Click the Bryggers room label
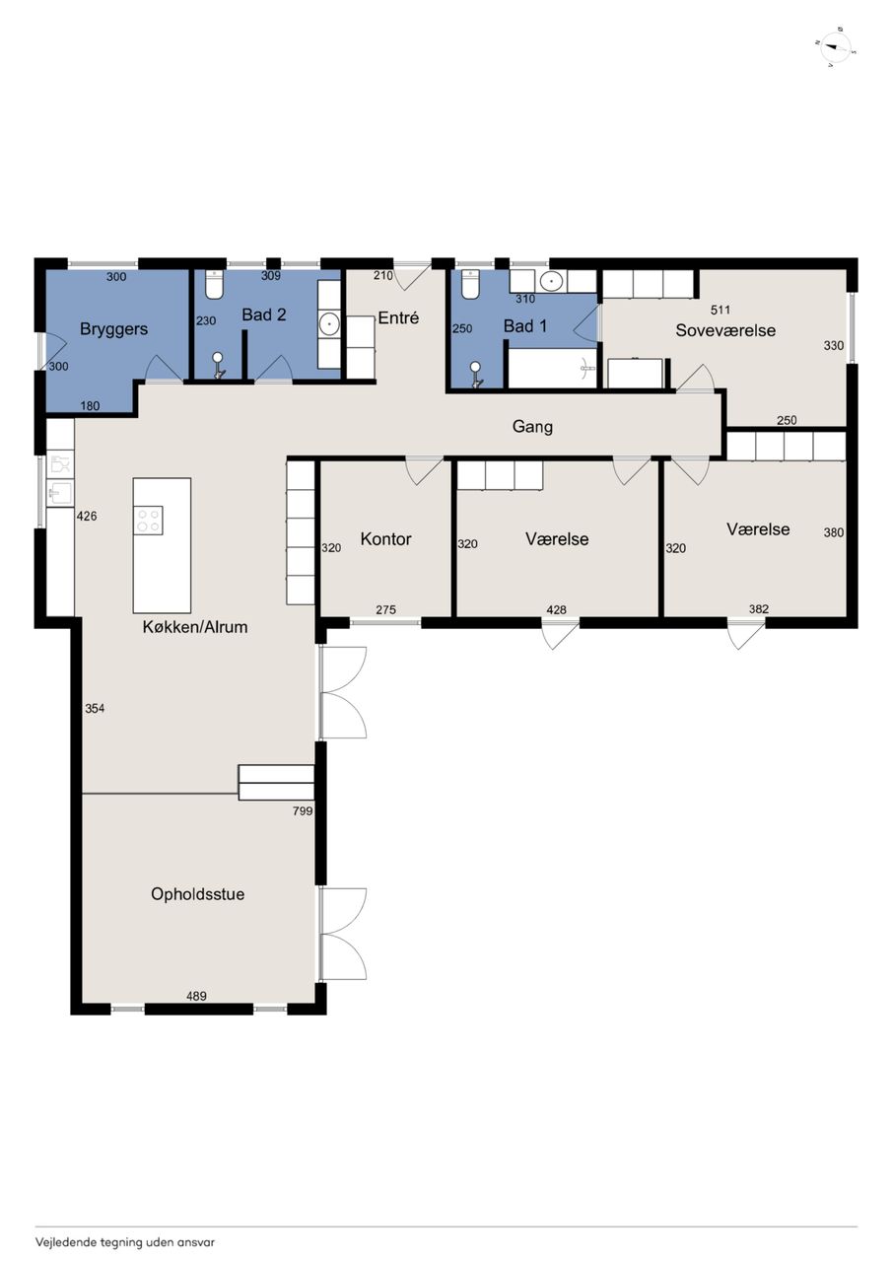point(113,329)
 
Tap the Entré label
point(399,317)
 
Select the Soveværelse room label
point(725,330)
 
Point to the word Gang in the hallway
point(532,427)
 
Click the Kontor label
point(385,539)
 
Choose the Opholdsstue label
point(198,894)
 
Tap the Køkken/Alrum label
point(195,626)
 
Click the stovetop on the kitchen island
point(148,520)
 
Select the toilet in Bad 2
point(215,285)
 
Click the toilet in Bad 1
point(470,284)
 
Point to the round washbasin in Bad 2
point(329,324)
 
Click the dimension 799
point(303,811)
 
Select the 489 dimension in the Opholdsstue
point(196,996)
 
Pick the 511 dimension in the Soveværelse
point(720,310)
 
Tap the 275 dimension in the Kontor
point(385,609)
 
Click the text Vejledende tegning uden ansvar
point(125,1242)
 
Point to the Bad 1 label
point(525,325)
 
